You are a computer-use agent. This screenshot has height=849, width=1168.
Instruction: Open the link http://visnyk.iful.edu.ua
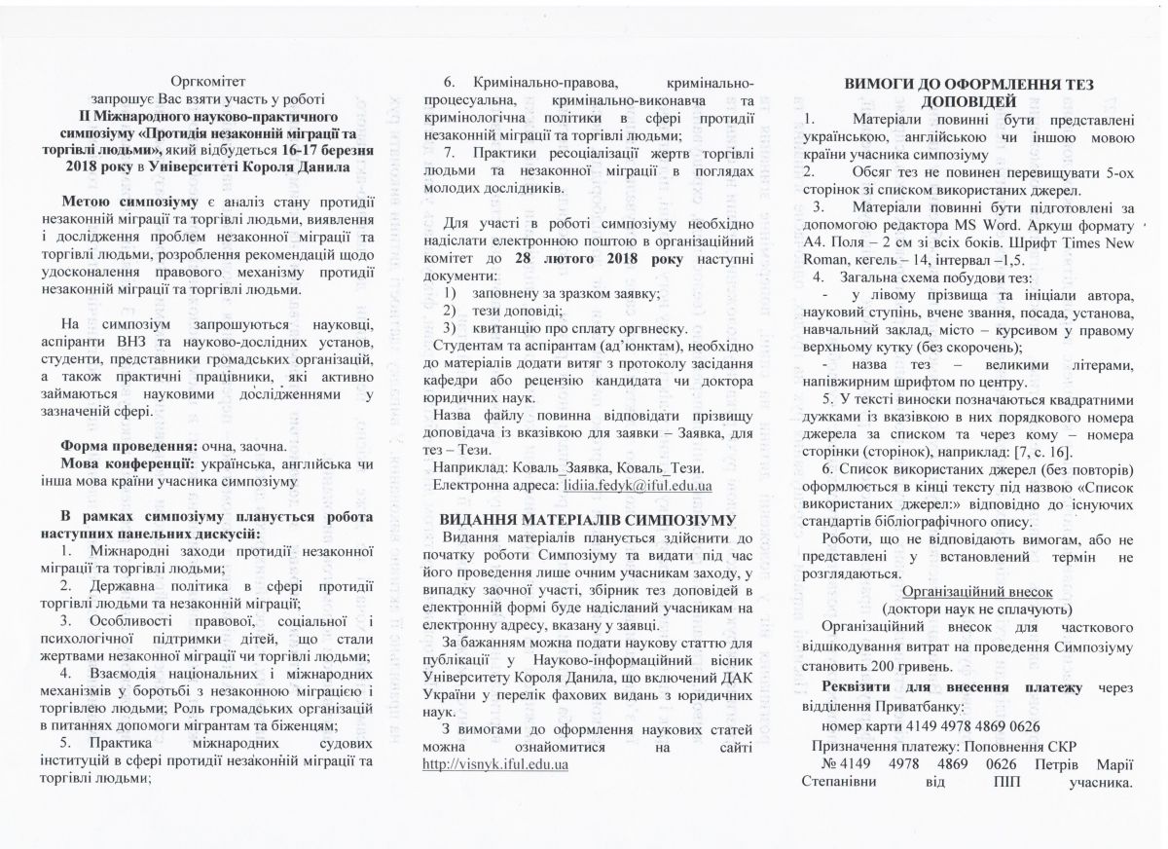click(497, 764)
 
